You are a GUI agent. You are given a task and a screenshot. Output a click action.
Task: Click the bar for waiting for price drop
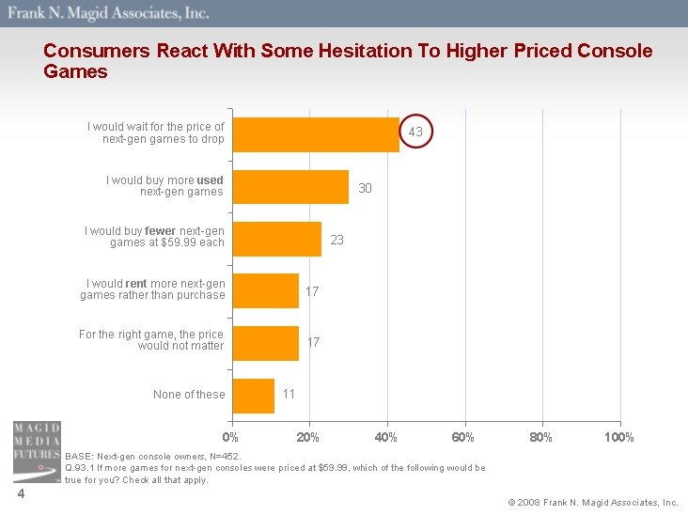tap(314, 134)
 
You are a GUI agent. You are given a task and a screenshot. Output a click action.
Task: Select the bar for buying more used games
tap(289, 187)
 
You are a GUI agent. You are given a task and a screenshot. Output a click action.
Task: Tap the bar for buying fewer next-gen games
tap(275, 239)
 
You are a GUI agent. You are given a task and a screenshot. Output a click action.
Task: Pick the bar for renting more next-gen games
tap(264, 291)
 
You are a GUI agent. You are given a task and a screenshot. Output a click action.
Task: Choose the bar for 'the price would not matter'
tap(264, 343)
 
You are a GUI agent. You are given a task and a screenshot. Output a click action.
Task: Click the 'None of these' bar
tap(252, 396)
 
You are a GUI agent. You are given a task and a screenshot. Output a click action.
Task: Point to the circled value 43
tap(415, 133)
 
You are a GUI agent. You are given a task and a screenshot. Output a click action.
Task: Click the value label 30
tap(365, 188)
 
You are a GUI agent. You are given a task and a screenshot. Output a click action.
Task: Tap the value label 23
tap(336, 240)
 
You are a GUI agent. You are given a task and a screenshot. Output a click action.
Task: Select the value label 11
tap(289, 393)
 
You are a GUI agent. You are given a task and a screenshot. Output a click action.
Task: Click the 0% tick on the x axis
tap(230, 437)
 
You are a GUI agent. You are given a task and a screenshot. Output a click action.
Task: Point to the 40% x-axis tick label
tap(385, 437)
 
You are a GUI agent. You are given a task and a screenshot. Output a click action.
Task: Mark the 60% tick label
tap(463, 437)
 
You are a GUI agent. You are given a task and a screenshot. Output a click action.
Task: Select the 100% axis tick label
tap(619, 437)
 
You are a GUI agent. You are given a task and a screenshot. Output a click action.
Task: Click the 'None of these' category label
tap(189, 395)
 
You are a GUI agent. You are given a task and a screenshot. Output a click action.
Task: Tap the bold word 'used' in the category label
tap(211, 179)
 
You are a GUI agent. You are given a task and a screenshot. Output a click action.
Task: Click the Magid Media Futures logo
tap(36, 452)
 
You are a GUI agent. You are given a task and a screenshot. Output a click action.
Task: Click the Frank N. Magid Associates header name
tap(109, 13)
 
